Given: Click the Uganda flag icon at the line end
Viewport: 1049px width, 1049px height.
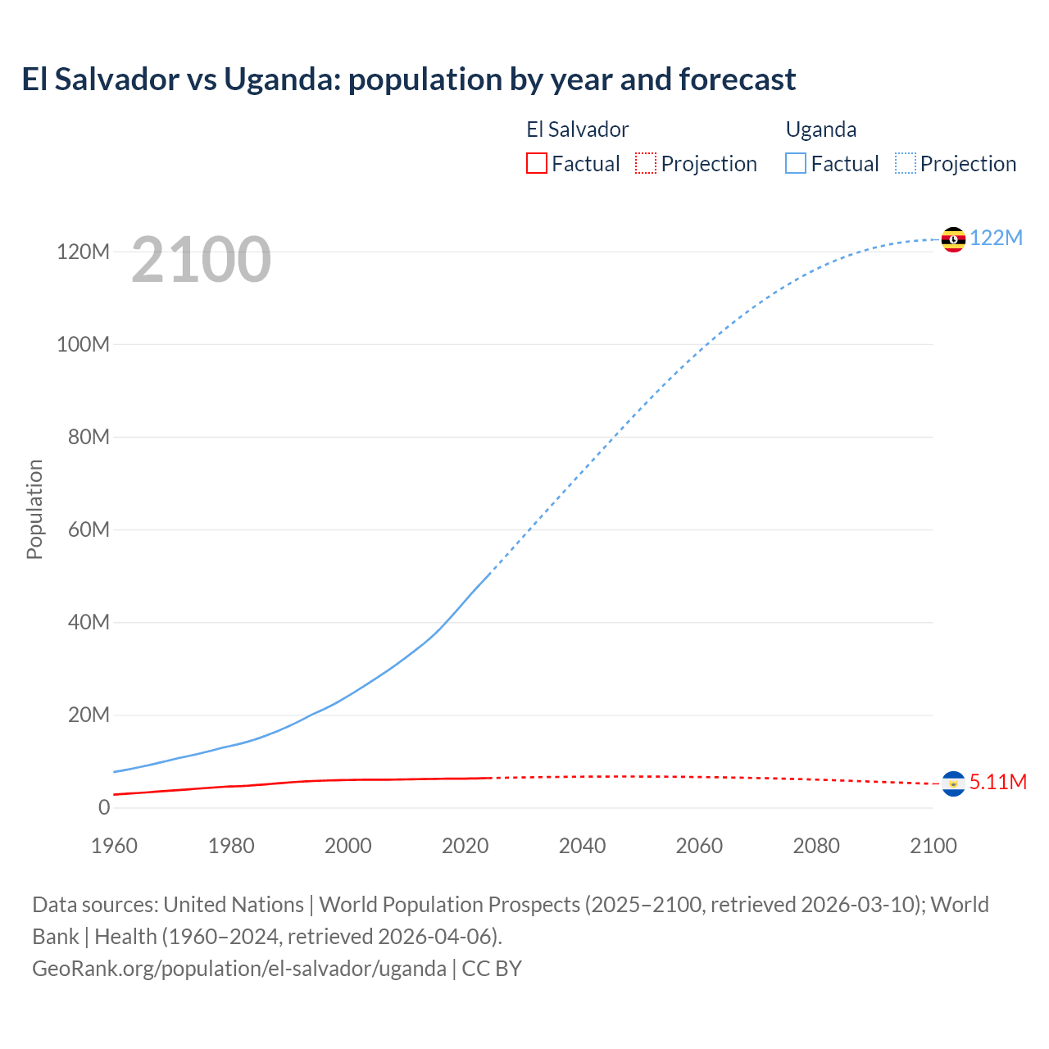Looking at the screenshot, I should pos(953,239).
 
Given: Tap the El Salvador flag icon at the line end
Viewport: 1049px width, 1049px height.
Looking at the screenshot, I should pos(953,783).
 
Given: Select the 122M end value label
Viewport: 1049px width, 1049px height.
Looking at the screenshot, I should pos(996,238).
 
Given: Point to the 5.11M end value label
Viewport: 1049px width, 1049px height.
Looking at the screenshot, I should pos(997,782).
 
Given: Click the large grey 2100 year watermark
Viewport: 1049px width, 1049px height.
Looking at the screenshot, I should pos(201,259).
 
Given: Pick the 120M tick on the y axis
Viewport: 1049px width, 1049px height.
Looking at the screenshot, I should pos(83,252).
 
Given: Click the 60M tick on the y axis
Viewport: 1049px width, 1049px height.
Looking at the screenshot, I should pos(89,529).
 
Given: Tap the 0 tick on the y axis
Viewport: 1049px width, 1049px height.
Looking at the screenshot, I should pos(103,807).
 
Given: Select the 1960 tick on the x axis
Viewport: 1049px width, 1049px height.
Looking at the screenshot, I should pos(114,846).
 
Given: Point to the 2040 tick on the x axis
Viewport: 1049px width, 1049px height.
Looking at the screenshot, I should pos(582,846).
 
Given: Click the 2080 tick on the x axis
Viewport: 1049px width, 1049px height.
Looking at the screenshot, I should pos(815,846).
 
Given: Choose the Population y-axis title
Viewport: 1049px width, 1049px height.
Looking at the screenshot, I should pos(34,509).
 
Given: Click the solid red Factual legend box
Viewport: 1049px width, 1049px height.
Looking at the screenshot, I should pos(536,163).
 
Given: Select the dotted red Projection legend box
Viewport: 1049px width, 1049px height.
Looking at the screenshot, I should pos(646,163).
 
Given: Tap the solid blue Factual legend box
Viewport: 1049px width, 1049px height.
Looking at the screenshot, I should pos(796,163).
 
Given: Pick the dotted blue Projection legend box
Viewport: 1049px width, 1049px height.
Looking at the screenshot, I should pos(906,163).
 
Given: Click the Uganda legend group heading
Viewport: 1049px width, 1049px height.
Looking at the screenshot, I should pos(821,129).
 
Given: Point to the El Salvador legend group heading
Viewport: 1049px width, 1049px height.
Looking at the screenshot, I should pos(577,129).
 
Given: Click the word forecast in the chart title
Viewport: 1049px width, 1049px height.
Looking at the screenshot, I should pos(737,79).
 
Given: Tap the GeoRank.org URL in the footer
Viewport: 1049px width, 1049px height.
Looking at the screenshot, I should pos(239,968).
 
